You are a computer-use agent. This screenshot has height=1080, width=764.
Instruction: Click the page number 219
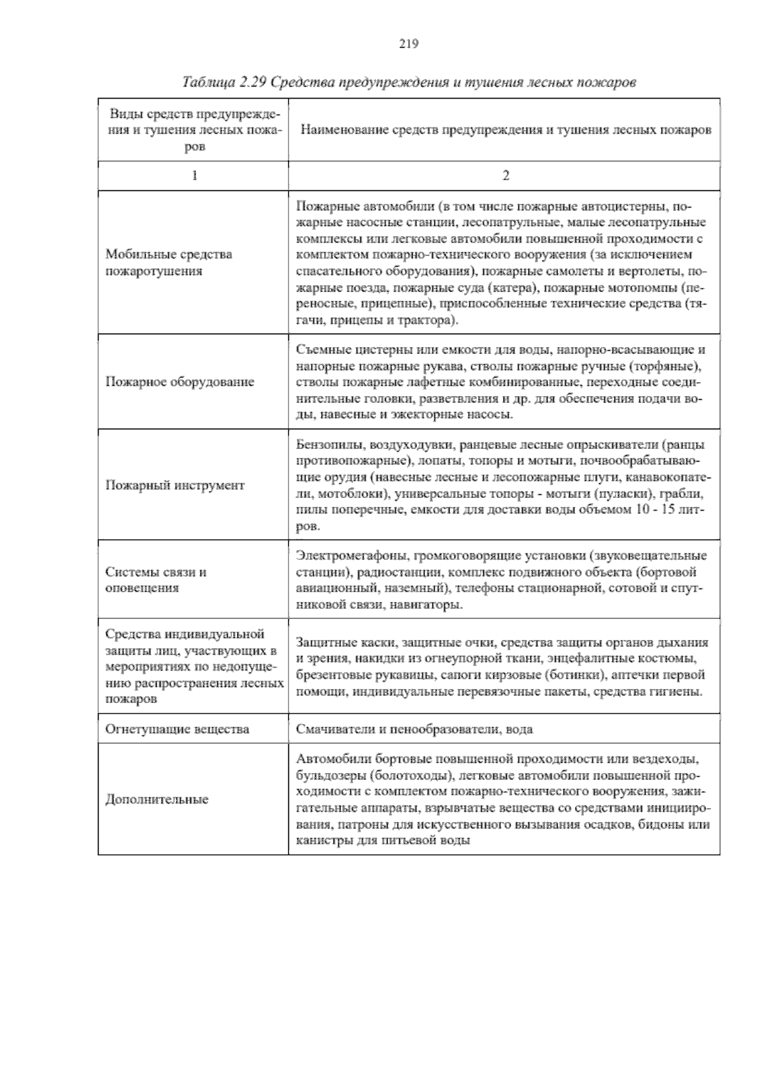tap(408, 44)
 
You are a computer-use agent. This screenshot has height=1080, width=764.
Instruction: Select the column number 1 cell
tap(194, 176)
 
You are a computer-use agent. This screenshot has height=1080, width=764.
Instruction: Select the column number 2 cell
tap(506, 176)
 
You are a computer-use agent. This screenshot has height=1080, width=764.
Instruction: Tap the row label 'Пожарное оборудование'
tap(180, 382)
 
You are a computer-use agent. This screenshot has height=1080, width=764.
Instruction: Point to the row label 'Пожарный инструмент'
tap(174, 485)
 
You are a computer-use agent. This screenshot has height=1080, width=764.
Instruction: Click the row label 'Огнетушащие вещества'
tap(177, 729)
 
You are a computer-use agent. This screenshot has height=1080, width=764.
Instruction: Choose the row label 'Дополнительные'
tap(157, 799)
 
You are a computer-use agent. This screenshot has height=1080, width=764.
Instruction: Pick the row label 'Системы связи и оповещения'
tap(156, 579)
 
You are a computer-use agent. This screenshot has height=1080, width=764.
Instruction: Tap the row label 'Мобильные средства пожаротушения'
tap(169, 262)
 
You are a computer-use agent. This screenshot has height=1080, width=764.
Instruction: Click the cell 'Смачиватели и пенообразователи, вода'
tap(414, 729)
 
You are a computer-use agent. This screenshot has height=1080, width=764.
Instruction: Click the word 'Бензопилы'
tap(325, 444)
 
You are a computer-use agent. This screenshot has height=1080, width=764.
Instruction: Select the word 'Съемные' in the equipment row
tap(321, 350)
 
